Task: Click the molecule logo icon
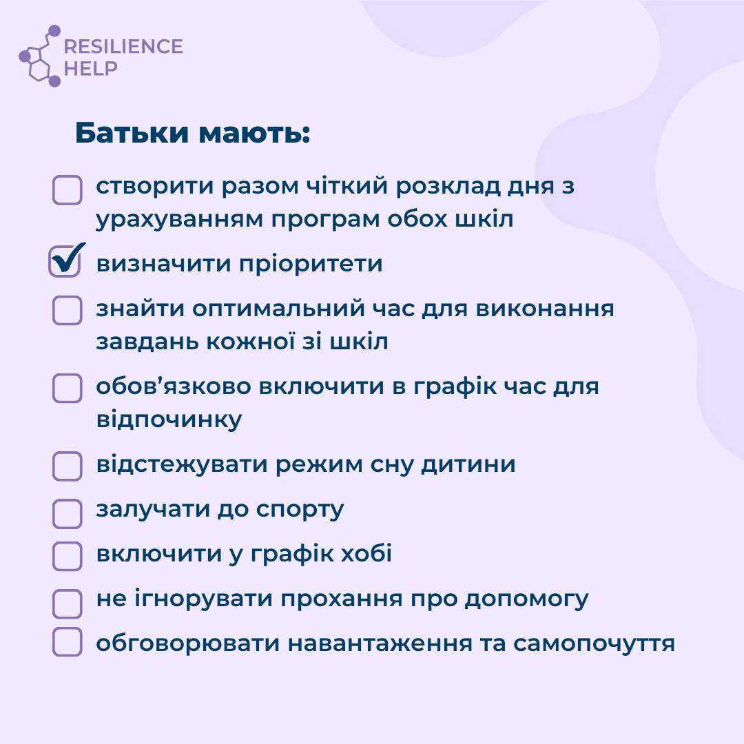[40, 56]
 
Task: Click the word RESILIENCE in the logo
[123, 47]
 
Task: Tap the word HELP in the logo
[91, 68]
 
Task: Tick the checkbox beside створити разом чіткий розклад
[67, 190]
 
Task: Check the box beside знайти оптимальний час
[67, 310]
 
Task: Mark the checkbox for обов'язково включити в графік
[67, 388]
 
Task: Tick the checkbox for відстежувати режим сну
[67, 466]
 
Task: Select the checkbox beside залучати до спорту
[67, 513]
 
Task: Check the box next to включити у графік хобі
[67, 556]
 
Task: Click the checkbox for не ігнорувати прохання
[67, 603]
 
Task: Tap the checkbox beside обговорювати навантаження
[67, 641]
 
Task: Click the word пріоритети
[310, 265]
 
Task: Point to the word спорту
[300, 510]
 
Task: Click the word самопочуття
[594, 644]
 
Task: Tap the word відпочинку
[169, 420]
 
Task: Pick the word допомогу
[527, 600]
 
